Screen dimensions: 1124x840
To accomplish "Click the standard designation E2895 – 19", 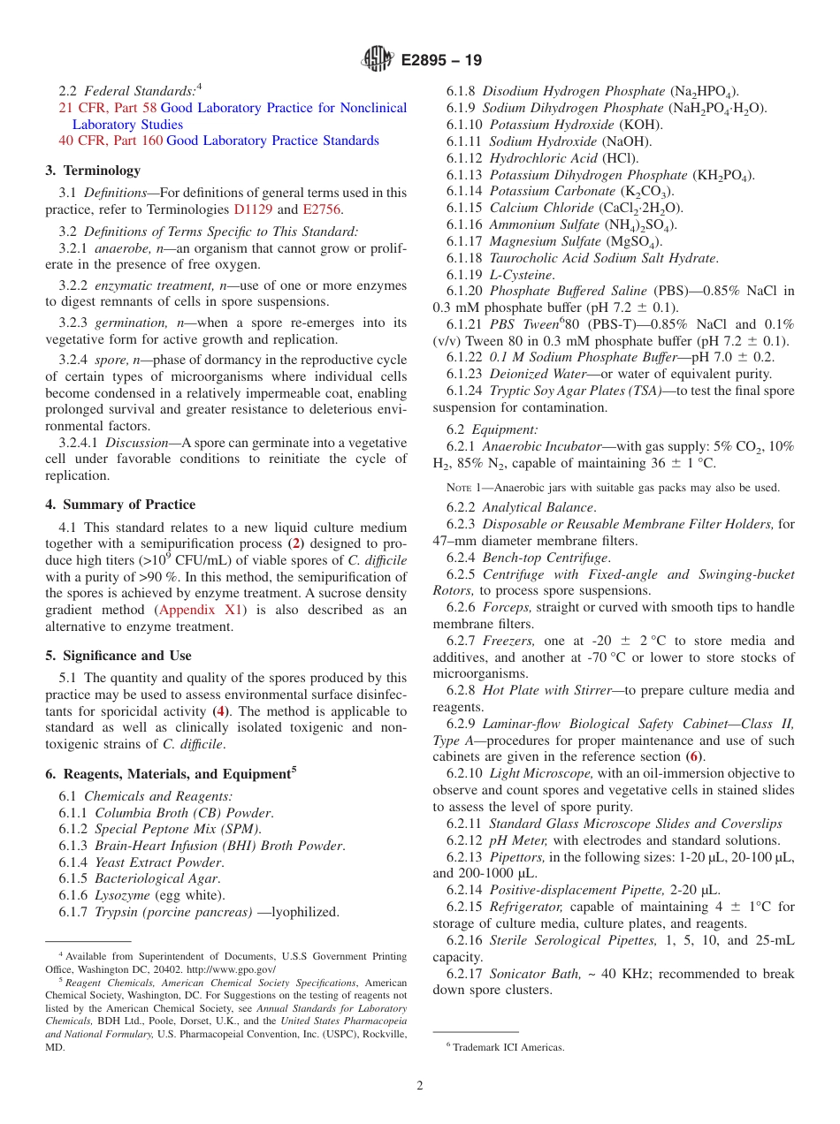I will [x=441, y=61].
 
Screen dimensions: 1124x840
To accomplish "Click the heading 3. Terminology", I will [x=93, y=171].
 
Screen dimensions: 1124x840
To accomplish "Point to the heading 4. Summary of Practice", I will [x=120, y=505].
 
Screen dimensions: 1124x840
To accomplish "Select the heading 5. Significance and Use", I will [x=118, y=656].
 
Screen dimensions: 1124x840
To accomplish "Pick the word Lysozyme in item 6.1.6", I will [x=122, y=895].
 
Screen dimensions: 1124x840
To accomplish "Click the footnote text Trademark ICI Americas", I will [x=508, y=1047].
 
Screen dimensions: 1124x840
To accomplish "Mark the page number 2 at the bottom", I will [x=420, y=1086].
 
